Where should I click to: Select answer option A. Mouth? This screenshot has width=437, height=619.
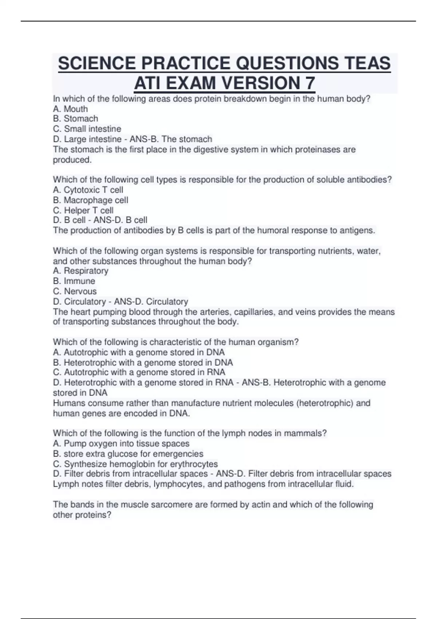click(70, 109)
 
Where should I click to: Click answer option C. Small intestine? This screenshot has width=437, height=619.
click(87, 129)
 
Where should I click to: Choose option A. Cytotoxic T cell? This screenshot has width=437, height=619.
click(88, 190)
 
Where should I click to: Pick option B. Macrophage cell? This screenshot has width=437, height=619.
click(91, 200)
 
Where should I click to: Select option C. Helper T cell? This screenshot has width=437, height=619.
click(83, 210)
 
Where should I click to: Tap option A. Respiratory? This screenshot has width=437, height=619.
click(81, 271)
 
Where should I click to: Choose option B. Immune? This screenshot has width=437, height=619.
click(74, 281)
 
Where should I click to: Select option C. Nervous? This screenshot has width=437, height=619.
click(75, 291)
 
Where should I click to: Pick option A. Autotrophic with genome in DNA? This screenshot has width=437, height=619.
click(139, 352)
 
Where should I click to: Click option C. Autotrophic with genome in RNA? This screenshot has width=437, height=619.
click(139, 372)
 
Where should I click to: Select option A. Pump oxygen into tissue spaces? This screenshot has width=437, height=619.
click(121, 443)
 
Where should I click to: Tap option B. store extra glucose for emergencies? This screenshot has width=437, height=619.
click(128, 454)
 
